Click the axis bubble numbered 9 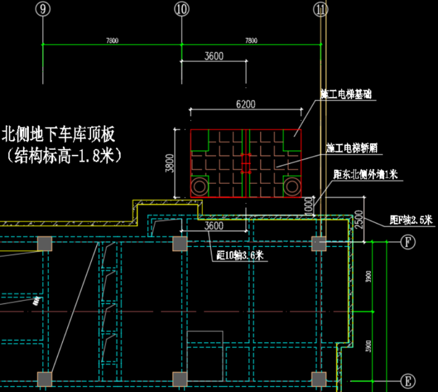pos(43,9)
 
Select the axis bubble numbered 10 pos(182,9)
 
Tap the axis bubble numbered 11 pos(320,9)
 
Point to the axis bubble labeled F pos(407,242)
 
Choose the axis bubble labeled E pos(407,381)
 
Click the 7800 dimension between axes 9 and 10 pos(112,40)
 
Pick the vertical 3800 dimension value pos(169,163)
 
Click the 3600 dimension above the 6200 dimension pos(214,56)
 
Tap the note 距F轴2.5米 pos(410,220)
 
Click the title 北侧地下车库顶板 pos(59,135)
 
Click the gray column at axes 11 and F pos(319,243)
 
